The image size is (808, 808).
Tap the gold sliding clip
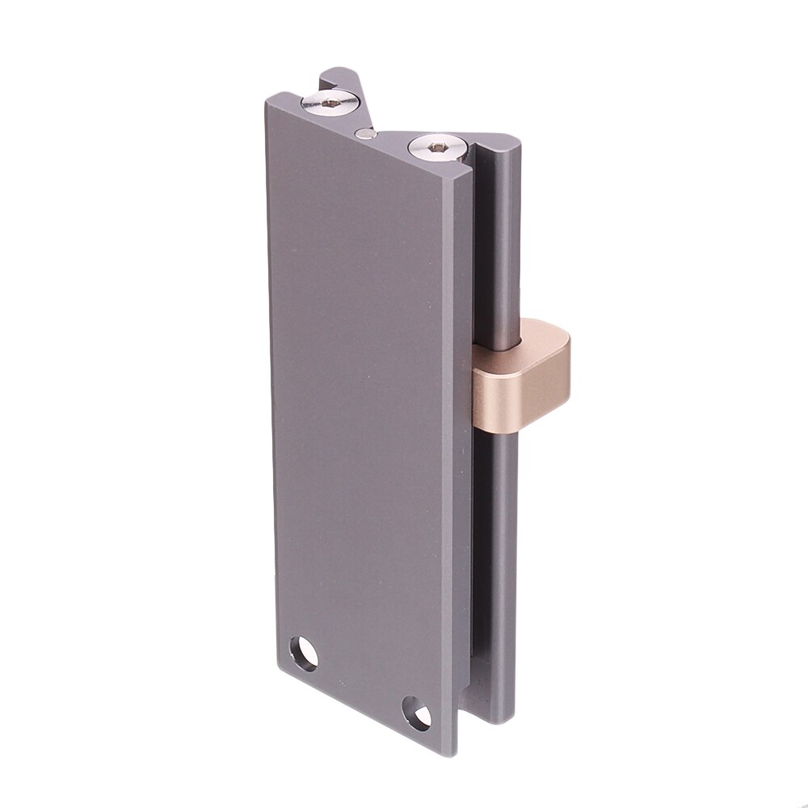click(x=517, y=380)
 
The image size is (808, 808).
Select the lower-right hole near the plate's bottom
click(x=417, y=710)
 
